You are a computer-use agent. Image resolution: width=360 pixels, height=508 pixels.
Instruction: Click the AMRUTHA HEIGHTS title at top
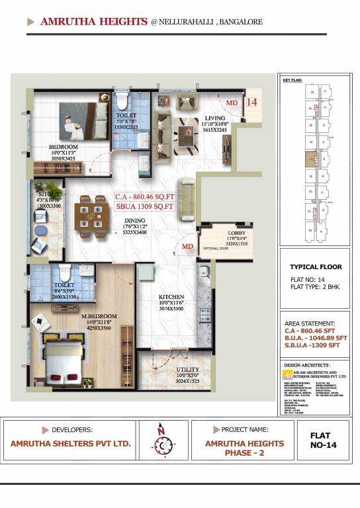[x=93, y=22]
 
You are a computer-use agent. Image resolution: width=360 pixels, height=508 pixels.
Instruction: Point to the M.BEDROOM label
[x=99, y=316]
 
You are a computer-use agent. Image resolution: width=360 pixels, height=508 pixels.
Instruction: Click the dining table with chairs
[x=91, y=219]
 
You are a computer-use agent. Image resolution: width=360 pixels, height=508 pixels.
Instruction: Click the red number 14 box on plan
[x=251, y=103]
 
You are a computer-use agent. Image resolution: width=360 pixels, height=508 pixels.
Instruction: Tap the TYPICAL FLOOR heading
[x=316, y=267]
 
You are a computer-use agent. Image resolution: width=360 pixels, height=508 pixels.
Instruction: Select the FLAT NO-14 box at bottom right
[x=324, y=440]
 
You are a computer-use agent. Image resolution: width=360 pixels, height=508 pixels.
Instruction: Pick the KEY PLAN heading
[x=292, y=80]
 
